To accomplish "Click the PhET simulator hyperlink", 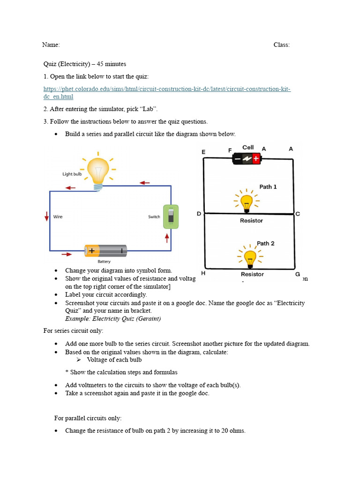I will (167, 89).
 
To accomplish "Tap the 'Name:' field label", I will (51, 45).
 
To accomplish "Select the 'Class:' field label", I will (282, 45).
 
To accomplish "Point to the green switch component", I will (171, 217).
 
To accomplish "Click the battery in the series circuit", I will (105, 251).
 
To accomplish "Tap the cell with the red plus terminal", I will (247, 158).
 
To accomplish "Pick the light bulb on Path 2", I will (250, 257).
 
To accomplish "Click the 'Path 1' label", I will (268, 187).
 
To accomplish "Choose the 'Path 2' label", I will (266, 243).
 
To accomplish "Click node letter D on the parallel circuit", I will (199, 214).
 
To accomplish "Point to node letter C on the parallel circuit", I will (298, 214).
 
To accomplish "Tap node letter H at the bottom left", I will (203, 273).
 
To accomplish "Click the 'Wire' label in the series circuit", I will (58, 217).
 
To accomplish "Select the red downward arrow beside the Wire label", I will (47, 216).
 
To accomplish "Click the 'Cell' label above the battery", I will (248, 147).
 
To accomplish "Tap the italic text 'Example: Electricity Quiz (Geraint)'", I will (113, 319).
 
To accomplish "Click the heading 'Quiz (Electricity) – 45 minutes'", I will (85, 64).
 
